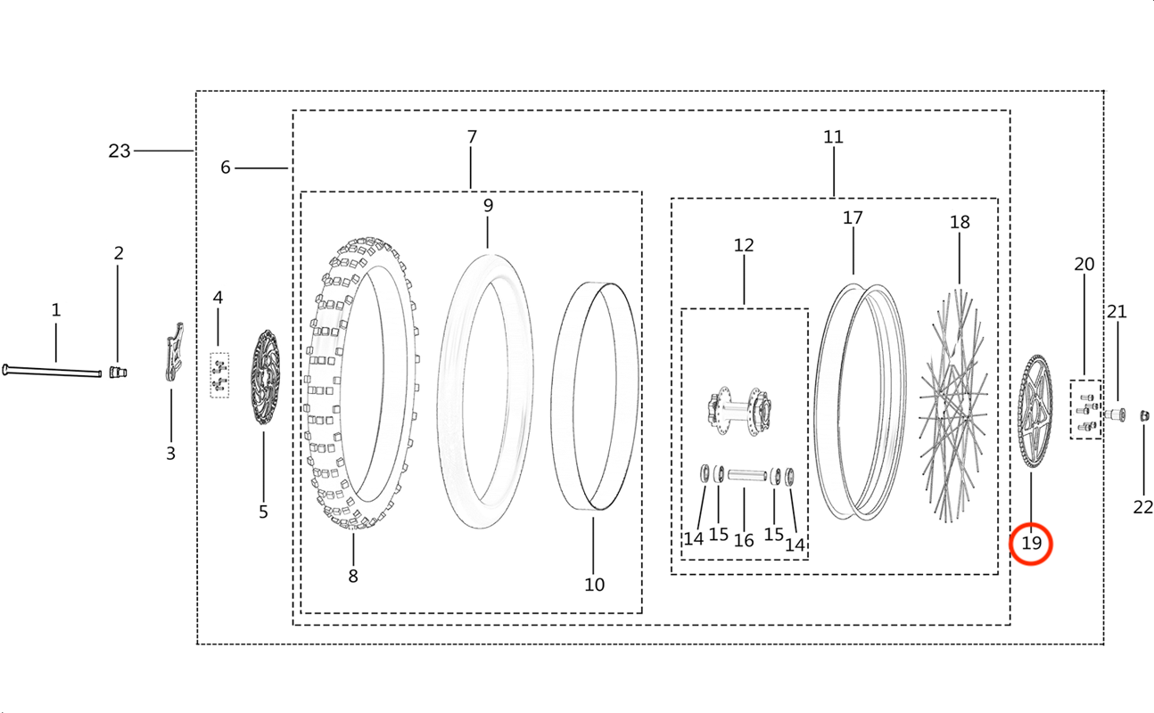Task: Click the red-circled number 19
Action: [1031, 543]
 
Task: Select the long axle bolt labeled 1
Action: [52, 371]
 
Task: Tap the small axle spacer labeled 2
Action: [118, 372]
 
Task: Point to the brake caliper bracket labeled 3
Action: [175, 352]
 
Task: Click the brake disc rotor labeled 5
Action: [265, 377]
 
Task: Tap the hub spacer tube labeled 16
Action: [746, 474]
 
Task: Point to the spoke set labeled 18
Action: [953, 406]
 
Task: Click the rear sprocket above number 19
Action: [1035, 412]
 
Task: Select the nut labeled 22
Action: [1144, 415]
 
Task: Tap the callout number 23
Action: [119, 151]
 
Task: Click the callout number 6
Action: [225, 168]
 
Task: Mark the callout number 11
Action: [833, 136]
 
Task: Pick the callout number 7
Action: [472, 136]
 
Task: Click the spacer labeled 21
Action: [1115, 414]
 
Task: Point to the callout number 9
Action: [488, 205]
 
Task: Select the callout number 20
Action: [1084, 264]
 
